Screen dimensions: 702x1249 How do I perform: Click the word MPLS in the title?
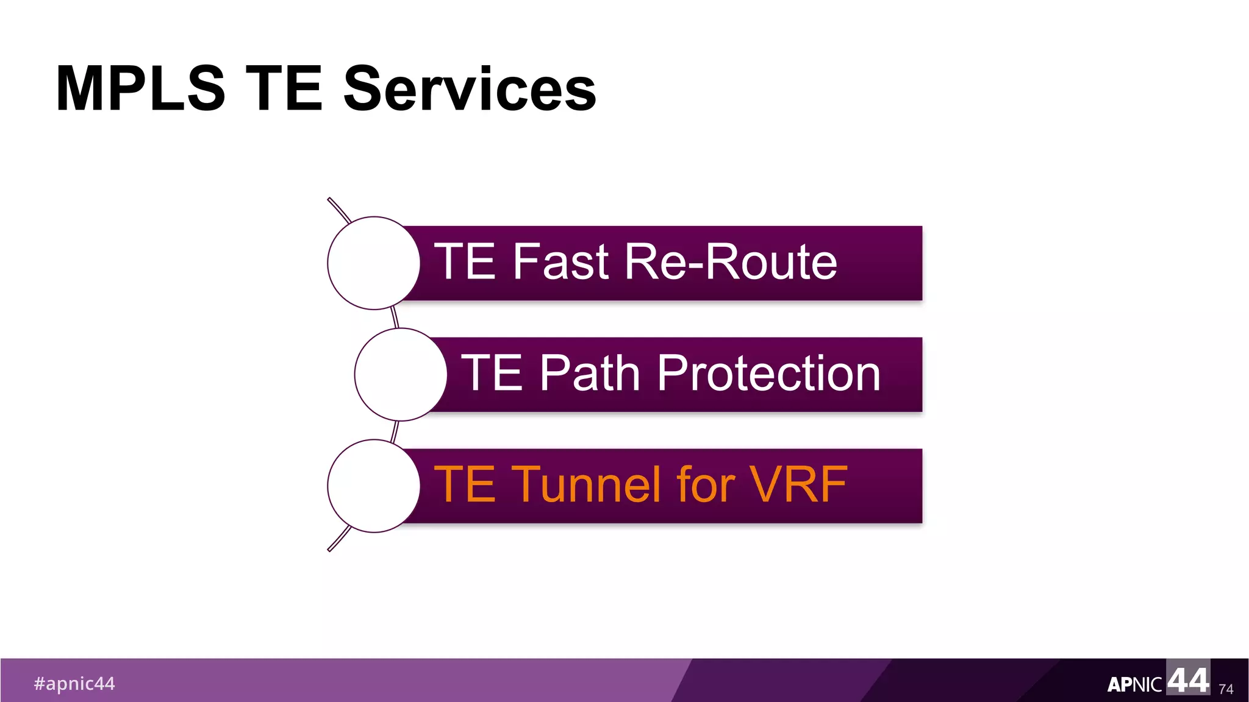[140, 89]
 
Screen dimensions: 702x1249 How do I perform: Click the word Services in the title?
[470, 89]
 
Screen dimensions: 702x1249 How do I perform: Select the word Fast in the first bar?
[560, 261]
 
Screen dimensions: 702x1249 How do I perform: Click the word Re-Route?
[731, 261]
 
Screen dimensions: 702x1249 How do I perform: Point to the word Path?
[589, 373]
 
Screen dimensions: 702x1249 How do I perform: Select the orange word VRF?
[798, 484]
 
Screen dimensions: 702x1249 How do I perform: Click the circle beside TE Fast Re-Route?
[373, 263]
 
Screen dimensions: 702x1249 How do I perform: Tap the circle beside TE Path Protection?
[401, 374]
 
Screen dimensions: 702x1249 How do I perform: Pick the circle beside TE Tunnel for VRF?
[373, 486]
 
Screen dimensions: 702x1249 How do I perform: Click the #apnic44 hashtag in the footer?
[74, 684]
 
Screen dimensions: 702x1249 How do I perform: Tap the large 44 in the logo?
[1188, 679]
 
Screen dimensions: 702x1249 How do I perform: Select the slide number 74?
[1226, 689]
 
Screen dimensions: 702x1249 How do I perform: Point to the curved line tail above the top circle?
[338, 209]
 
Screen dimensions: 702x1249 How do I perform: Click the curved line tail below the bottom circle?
[339, 539]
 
